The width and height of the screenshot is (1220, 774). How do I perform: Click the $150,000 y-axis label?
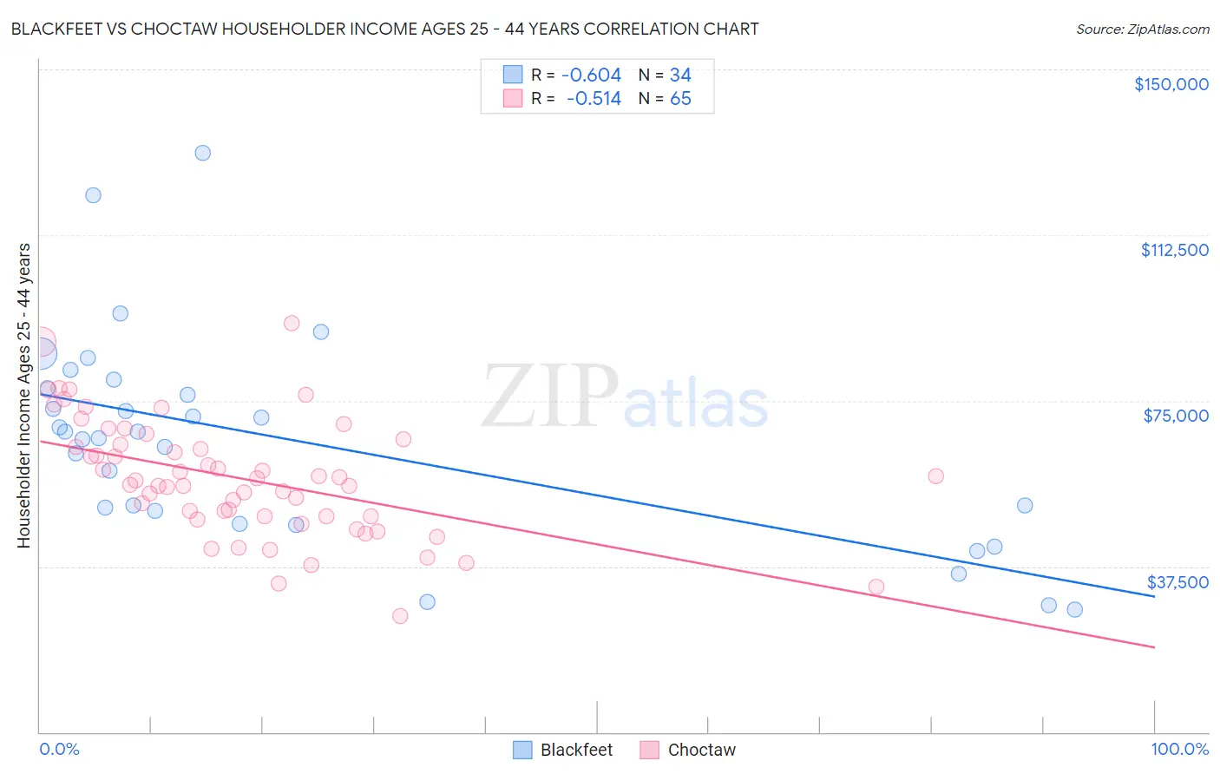coord(1171,84)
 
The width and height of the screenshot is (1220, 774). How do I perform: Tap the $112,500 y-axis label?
coord(1174,250)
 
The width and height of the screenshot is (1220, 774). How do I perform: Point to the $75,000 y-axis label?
coord(1176,416)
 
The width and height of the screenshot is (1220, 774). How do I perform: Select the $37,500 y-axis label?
coord(1177,582)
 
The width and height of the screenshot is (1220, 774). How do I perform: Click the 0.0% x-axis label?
coord(59,749)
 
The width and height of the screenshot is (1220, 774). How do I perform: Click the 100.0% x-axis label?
coord(1179,749)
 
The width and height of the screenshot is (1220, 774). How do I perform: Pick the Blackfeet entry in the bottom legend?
coord(575,750)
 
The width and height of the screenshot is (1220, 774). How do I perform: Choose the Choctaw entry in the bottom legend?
coord(701,750)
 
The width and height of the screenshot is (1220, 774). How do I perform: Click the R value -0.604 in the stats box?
coord(591,75)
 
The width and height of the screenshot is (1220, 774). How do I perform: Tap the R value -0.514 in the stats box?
coord(594,99)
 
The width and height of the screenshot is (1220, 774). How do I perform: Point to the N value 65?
coord(680,99)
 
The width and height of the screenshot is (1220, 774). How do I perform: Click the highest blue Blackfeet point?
coord(202,153)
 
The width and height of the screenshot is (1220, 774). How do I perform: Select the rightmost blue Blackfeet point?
coord(1074,609)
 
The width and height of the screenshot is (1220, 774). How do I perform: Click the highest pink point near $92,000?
coord(292,323)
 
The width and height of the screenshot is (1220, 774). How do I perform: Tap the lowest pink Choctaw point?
coord(400,616)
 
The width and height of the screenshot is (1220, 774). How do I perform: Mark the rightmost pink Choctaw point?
coord(935,476)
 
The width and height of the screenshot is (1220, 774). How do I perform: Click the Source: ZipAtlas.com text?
coord(1142,30)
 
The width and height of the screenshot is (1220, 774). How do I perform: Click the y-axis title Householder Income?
coord(23,395)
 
